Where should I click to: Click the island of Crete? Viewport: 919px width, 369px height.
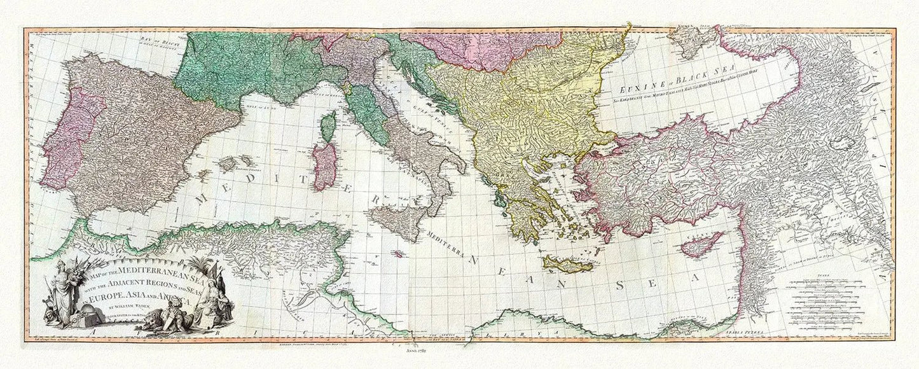[x=567, y=263]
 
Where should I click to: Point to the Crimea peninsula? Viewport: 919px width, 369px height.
[x=693, y=39]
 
